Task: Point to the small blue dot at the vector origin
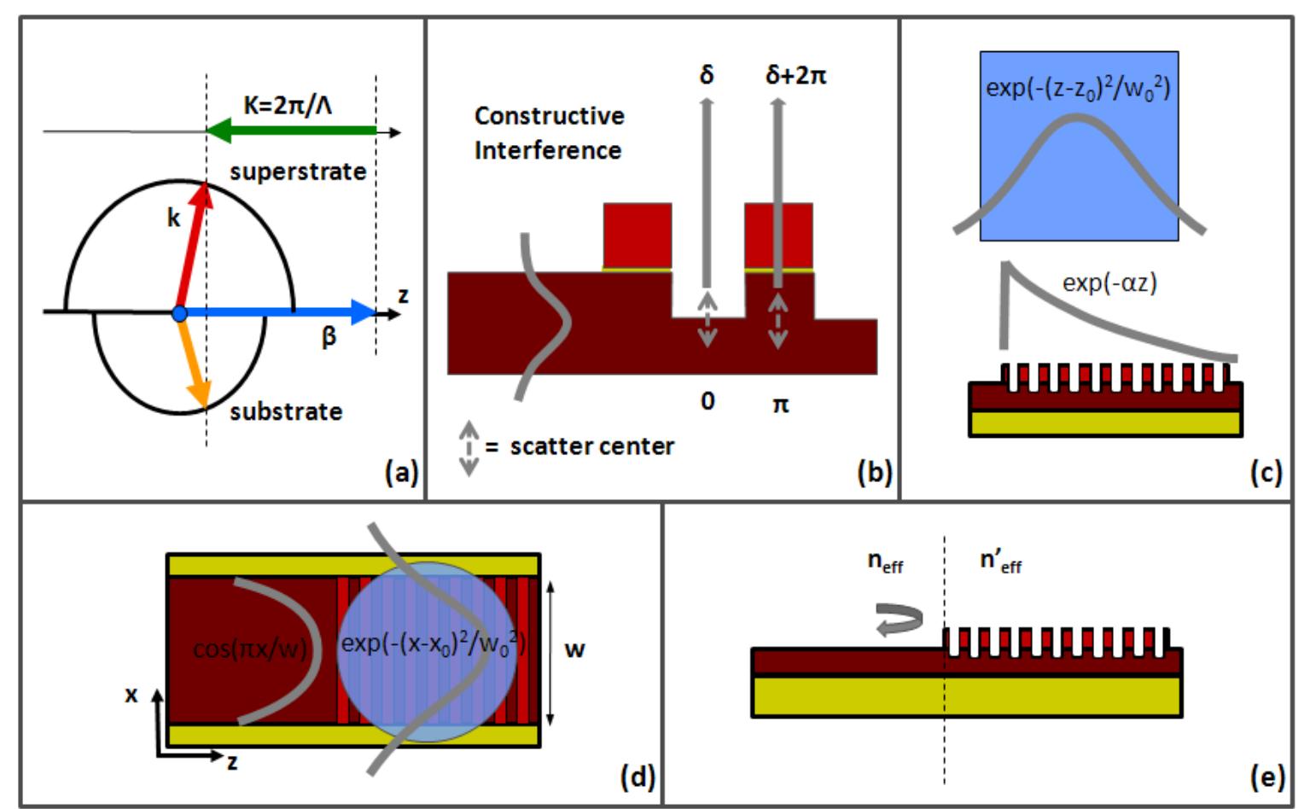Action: click(179, 314)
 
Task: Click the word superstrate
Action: click(298, 172)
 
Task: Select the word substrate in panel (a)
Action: click(286, 411)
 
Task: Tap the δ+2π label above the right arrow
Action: click(795, 76)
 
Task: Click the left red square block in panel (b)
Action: click(637, 236)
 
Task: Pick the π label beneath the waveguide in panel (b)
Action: click(780, 404)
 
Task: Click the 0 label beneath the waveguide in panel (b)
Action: click(707, 401)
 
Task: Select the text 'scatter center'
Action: click(591, 445)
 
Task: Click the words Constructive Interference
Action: click(549, 133)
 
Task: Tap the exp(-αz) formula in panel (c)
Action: click(1109, 282)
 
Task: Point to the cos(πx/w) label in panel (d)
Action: click(249, 649)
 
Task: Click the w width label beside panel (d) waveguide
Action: click(574, 649)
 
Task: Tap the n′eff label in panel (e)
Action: click(1000, 562)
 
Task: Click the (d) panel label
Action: click(637, 777)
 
